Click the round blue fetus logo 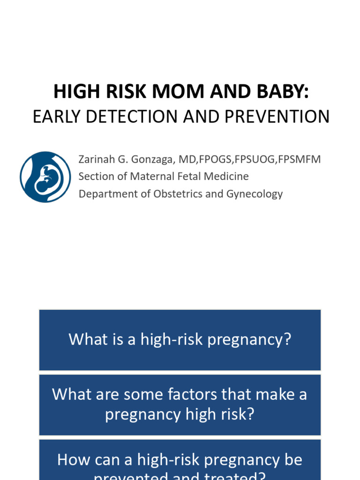click(45, 177)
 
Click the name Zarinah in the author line click(97, 159)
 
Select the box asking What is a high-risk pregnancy click(180, 340)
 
